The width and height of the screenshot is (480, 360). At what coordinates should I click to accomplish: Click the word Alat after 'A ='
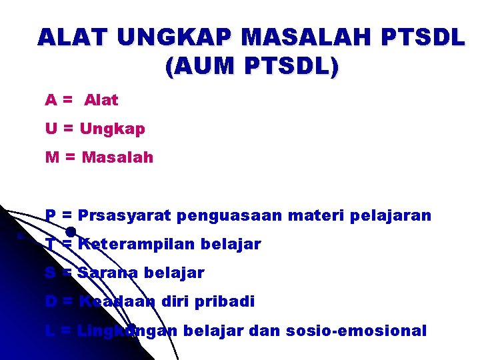(x=101, y=101)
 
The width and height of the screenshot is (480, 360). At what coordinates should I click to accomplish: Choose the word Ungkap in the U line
(x=112, y=129)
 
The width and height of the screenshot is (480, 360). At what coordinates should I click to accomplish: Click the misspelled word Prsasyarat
(x=125, y=216)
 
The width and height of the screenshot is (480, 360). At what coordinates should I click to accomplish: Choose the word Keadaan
(x=117, y=301)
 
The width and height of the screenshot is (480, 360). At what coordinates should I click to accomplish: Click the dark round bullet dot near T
(x=70, y=233)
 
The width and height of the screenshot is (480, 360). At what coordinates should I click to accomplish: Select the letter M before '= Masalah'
(x=52, y=158)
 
